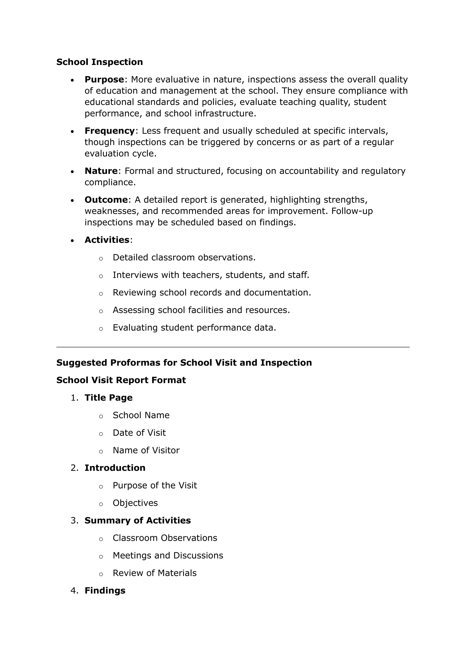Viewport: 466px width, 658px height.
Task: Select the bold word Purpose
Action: coord(104,79)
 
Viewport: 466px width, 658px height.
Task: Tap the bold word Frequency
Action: coord(109,131)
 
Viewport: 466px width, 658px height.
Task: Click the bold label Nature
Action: coord(101,171)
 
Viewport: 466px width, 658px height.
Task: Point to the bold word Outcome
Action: coord(106,199)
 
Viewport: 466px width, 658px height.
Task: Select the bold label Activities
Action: coord(107,240)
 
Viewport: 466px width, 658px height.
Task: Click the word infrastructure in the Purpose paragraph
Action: coord(224,113)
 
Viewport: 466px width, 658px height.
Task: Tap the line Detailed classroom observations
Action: coord(184,257)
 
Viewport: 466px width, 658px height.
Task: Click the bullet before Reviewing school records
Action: coord(101,294)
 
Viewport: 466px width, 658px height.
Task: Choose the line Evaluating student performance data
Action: coord(194,328)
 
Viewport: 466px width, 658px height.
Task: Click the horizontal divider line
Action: coord(233,347)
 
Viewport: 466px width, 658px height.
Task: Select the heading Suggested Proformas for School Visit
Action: coord(184,363)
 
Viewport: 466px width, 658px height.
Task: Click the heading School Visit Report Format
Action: coord(121,380)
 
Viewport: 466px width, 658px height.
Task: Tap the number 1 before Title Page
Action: coord(74,398)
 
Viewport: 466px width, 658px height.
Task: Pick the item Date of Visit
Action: coord(139,433)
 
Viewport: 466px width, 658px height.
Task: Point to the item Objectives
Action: coord(135,503)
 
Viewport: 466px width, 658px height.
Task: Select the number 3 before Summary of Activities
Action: coord(74,521)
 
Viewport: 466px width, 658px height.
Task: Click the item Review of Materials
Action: coord(154,573)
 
